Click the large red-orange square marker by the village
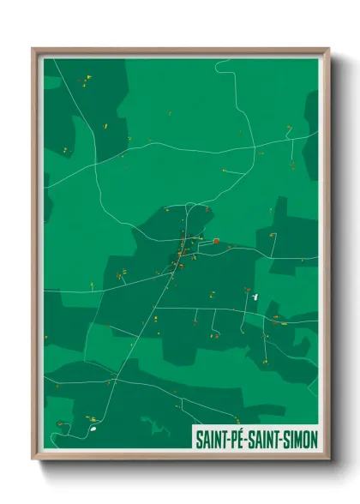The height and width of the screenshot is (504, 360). click(217, 242)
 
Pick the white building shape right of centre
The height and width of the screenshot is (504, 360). click(255, 297)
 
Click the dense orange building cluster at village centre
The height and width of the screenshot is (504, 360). click(181, 254)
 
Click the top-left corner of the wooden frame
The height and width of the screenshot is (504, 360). click(34, 50)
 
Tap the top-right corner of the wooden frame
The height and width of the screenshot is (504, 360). click(327, 50)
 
